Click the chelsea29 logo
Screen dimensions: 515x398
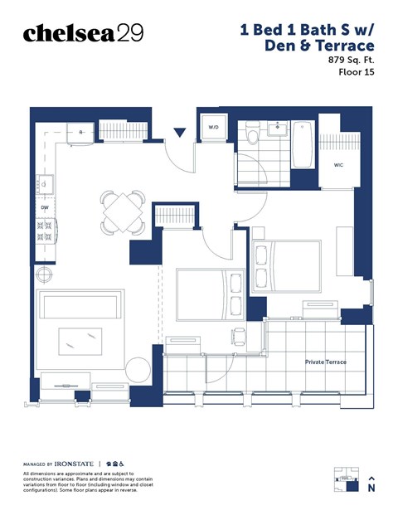[83, 33]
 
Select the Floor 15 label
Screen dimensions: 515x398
[356, 73]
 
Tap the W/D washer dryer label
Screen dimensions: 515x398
[213, 128]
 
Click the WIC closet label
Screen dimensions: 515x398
[338, 165]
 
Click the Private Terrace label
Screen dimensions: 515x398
[325, 362]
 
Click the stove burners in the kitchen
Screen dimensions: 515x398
[44, 230]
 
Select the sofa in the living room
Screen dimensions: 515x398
[80, 306]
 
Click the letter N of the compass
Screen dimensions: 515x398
[372, 488]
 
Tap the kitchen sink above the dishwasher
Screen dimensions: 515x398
[45, 184]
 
